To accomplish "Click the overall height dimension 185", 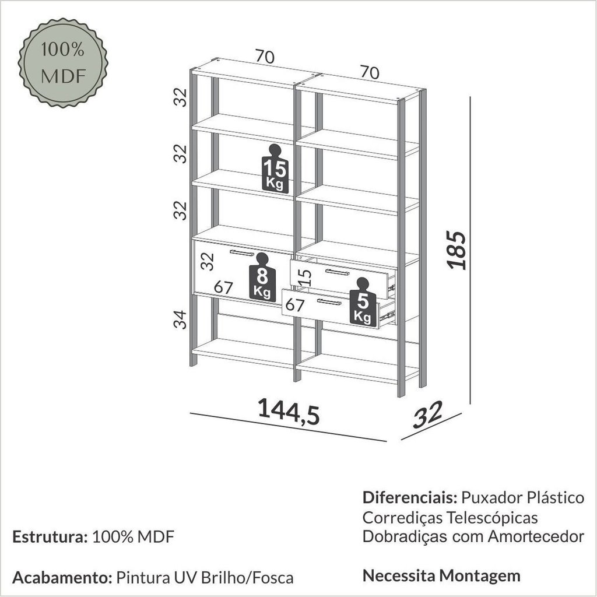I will (x=459, y=251).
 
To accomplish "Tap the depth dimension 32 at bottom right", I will (x=429, y=415).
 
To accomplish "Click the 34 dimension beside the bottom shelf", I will (x=182, y=319).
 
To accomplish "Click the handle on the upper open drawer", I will (x=337, y=272).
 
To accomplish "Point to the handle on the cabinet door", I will (x=243, y=252).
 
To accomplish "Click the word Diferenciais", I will (x=409, y=498).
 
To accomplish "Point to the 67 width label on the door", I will (x=223, y=287).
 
